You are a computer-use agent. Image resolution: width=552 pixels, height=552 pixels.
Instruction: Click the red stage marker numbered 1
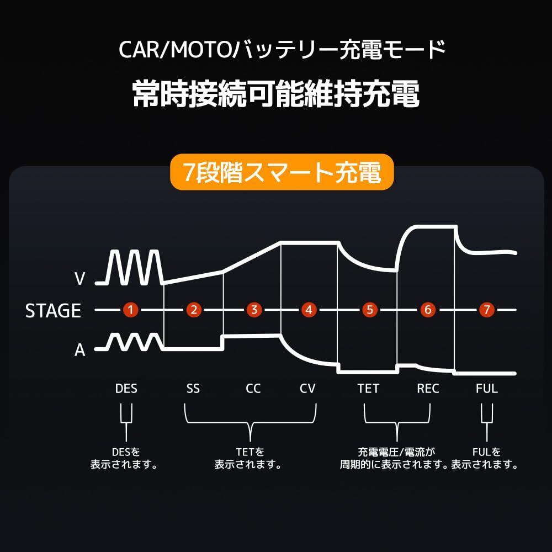point(130,310)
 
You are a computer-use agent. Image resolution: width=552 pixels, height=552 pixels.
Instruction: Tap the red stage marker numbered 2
point(193,310)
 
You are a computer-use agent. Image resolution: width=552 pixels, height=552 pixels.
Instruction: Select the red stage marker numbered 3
point(253,310)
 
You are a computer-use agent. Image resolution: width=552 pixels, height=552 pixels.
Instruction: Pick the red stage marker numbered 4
point(309,310)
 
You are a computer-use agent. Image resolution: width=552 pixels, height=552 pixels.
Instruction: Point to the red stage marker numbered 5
point(369,310)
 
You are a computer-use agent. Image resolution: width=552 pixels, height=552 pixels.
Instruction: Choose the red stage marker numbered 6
point(427,310)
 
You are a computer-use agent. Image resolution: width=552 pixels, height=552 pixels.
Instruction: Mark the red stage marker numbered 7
point(486,310)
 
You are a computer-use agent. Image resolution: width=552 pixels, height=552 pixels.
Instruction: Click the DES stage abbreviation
point(126,389)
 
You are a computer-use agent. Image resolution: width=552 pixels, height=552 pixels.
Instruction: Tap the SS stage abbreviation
point(193,389)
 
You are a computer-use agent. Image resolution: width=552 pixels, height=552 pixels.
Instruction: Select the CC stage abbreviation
point(253,389)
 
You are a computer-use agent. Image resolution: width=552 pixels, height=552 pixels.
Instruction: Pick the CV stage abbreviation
point(307,389)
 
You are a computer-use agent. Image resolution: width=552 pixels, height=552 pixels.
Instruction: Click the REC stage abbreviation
point(428,389)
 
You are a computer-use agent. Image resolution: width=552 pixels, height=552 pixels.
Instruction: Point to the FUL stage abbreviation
point(486,389)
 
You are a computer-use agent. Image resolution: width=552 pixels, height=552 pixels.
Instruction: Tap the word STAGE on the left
point(53,311)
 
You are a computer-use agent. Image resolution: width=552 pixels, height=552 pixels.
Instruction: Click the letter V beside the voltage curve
point(79,279)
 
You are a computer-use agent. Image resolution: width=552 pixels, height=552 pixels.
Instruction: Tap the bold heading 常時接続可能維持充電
point(276,94)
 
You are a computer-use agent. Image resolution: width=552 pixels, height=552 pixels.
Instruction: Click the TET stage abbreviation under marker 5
point(368,389)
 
